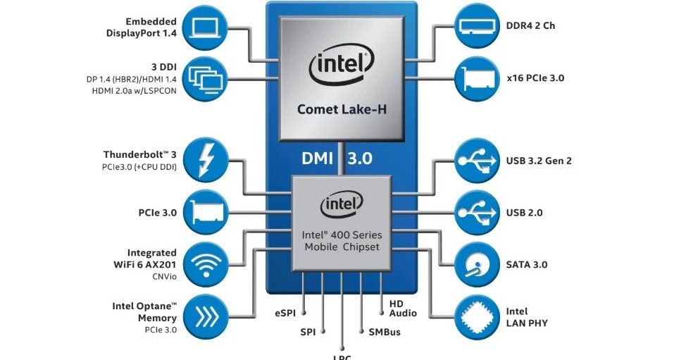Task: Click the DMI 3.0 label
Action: point(337,159)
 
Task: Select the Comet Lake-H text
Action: point(342,109)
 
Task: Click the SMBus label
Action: point(384,331)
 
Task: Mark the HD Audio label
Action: point(402,307)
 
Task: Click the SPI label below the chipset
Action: point(308,331)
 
